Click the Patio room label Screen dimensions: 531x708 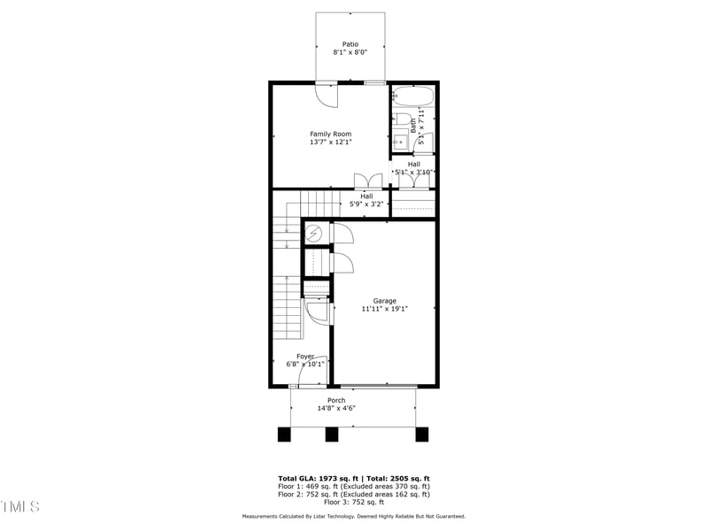[350, 44]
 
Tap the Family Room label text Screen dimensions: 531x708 [330, 135]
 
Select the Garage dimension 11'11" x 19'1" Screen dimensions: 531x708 [384, 310]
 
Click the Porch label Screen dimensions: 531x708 [336, 400]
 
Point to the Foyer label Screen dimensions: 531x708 [305, 357]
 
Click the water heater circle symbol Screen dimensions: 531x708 [314, 233]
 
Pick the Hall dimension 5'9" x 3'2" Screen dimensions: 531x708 [366, 204]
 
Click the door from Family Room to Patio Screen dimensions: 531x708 [326, 91]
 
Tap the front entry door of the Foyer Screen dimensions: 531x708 [312, 372]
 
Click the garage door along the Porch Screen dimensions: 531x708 [379, 386]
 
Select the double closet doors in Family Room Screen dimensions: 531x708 [368, 181]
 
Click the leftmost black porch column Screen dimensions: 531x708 [284, 435]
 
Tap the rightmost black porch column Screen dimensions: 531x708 [422, 435]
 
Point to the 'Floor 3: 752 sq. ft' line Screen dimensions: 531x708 [354, 502]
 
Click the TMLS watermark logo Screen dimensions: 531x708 [19, 506]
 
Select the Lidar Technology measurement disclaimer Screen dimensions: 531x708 [354, 516]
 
